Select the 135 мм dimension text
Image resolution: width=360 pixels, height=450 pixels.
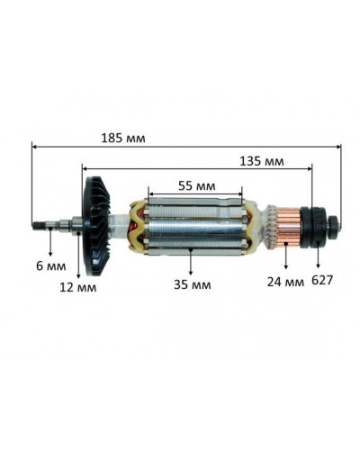(263, 162)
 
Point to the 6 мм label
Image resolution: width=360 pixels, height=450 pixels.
(50, 267)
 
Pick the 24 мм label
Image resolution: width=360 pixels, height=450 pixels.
(286, 281)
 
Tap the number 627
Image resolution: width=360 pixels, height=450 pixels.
(322, 281)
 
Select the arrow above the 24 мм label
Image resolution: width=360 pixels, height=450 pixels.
(286, 258)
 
